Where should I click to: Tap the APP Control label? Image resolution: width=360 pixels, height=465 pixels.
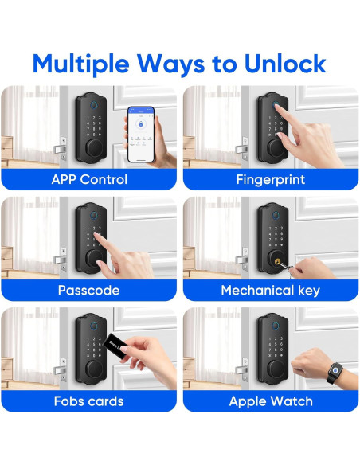coord(89,179)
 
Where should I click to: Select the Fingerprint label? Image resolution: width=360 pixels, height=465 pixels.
coord(271,179)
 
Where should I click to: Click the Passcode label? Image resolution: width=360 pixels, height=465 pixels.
coord(89,290)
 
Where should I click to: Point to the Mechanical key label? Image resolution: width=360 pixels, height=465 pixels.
coord(271,290)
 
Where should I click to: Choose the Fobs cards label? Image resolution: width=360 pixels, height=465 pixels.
coord(89,401)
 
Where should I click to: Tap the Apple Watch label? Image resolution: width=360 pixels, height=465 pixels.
coord(271,401)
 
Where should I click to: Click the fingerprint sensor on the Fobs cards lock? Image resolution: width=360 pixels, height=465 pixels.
coord(89,324)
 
